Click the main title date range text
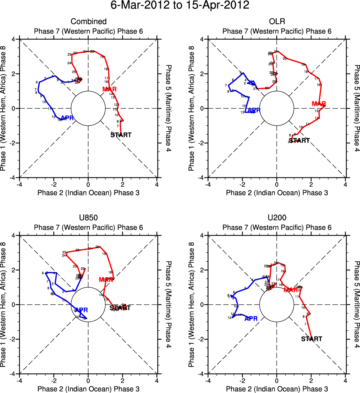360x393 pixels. pyautogui.click(x=180, y=6)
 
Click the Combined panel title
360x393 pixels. pyautogui.click(x=88, y=22)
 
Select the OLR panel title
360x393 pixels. pyautogui.click(x=277, y=22)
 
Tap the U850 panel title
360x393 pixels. pyautogui.click(x=88, y=218)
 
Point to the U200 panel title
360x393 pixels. pyautogui.click(x=277, y=218)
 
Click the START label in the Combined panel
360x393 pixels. pyautogui.click(x=121, y=135)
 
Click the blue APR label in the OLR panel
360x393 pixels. pyautogui.click(x=254, y=110)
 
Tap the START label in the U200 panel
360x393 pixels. pyautogui.click(x=311, y=339)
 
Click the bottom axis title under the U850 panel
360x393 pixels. pyautogui.click(x=88, y=389)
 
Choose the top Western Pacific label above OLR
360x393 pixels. pyautogui.click(x=277, y=31)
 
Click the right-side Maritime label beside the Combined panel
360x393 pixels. pyautogui.click(x=168, y=108)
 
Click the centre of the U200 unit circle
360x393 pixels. pyautogui.click(x=277, y=304)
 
